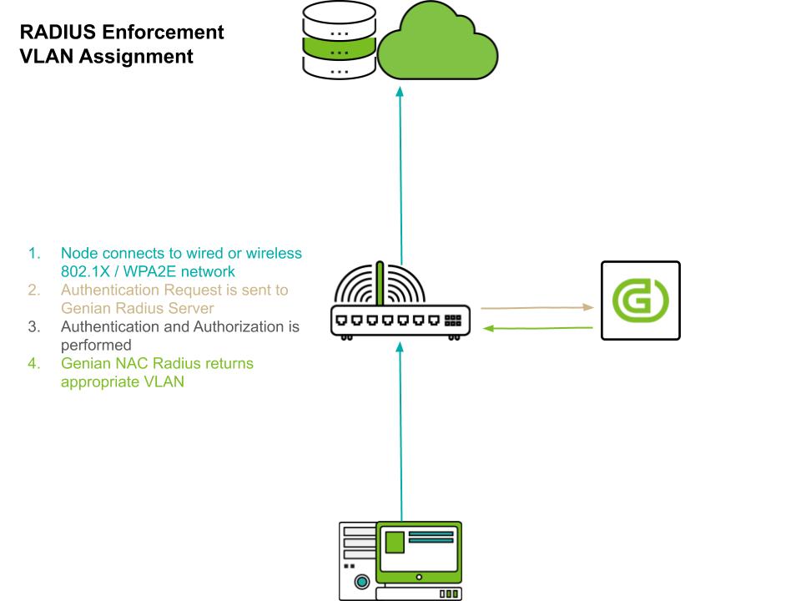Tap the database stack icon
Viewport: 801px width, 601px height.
[x=339, y=41]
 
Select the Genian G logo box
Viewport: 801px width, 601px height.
[x=641, y=300]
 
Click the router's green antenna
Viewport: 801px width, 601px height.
[x=380, y=284]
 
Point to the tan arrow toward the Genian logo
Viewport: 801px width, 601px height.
[x=537, y=308]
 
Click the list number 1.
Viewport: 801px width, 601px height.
[x=33, y=253]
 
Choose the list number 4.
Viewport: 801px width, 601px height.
[x=33, y=363]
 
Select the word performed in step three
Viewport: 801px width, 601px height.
[x=96, y=345]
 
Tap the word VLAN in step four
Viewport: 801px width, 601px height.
[x=168, y=381]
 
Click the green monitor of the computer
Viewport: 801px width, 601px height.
[x=419, y=549]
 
